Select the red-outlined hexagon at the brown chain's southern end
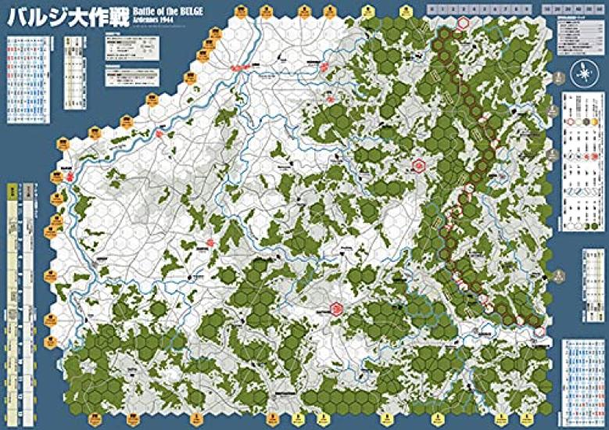coord(540,332)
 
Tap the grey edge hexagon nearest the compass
coord(561,79)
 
